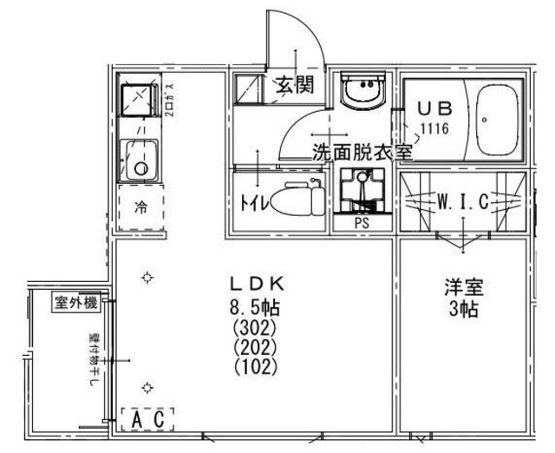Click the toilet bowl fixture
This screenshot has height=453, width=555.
tap(294, 200)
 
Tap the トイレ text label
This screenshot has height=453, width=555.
tap(251, 201)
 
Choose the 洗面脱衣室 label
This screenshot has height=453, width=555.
tap(362, 149)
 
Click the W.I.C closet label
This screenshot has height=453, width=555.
tap(461, 202)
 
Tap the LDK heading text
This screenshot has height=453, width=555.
tap(257, 283)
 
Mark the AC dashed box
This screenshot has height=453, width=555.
tap(148, 418)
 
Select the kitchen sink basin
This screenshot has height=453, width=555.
tap(137, 159)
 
